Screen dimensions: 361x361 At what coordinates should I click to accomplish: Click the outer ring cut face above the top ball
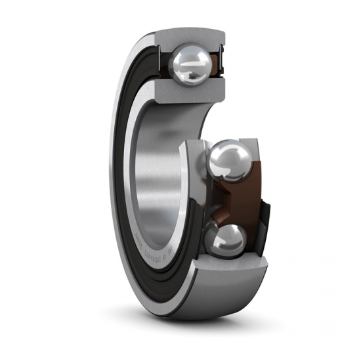190,36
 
